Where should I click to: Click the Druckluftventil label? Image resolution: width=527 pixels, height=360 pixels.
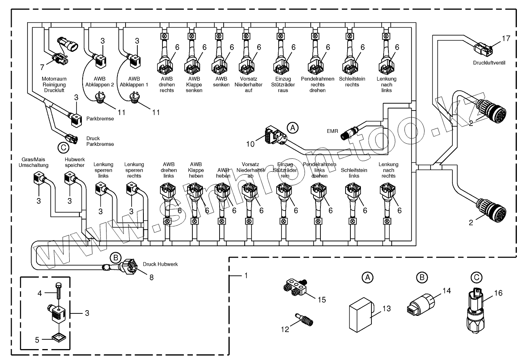point(491,63)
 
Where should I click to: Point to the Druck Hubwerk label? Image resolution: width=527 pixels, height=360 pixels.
point(160,264)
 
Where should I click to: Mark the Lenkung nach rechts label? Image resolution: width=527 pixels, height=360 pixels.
point(388,170)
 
